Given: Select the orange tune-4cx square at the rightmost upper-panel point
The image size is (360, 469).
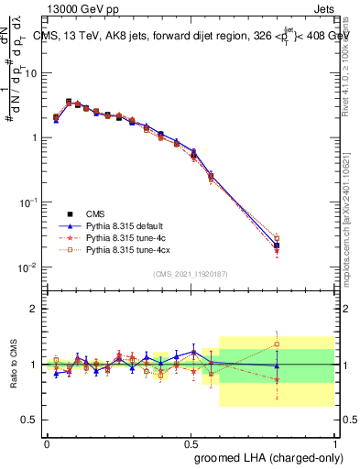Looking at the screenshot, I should pos(277,238).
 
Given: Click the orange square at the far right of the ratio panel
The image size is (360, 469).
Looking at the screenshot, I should pos(277,345).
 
